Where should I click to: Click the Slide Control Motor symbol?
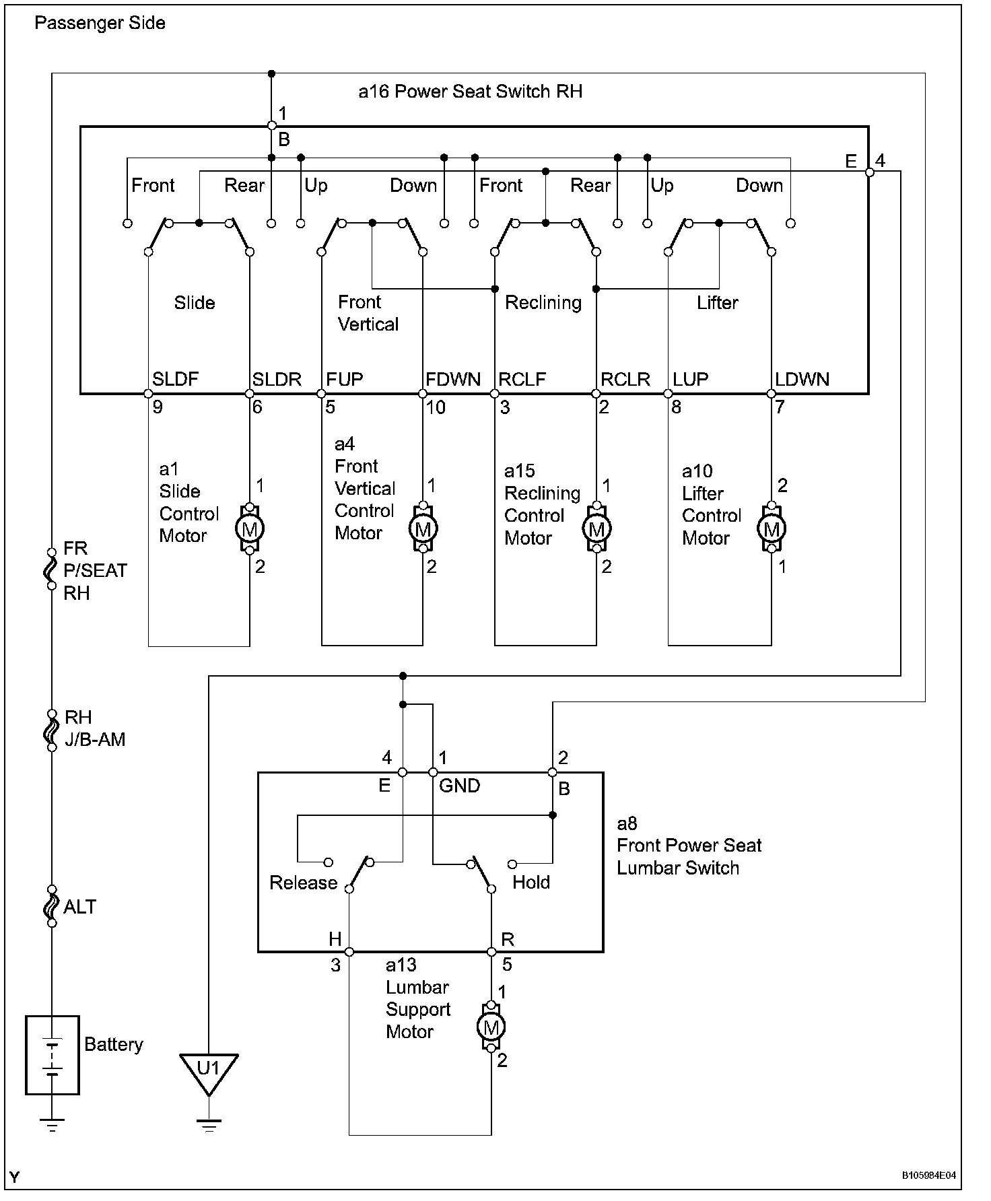pyautogui.click(x=250, y=529)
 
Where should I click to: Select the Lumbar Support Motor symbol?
pyautogui.click(x=491, y=1027)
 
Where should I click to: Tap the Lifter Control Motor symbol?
pyautogui.click(x=772, y=529)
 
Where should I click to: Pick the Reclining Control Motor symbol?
pyautogui.click(x=596, y=529)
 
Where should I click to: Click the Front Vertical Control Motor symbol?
pyautogui.click(x=423, y=529)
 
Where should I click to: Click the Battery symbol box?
pyautogui.click(x=53, y=1055)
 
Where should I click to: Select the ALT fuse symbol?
pyautogui.click(x=52, y=906)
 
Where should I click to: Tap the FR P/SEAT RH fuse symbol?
pyautogui.click(x=52, y=569)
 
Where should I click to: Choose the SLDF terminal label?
pyautogui.click(x=176, y=379)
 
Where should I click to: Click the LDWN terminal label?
pyautogui.click(x=802, y=379)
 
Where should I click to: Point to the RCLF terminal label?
pyautogui.click(x=522, y=379)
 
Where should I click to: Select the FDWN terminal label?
pyautogui.click(x=453, y=379)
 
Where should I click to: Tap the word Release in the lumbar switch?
pyautogui.click(x=303, y=883)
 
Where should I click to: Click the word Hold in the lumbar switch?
pyautogui.click(x=531, y=883)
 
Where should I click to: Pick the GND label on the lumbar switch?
pyautogui.click(x=459, y=786)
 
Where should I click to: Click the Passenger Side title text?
pyautogui.click(x=100, y=23)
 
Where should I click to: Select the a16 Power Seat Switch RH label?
pyautogui.click(x=471, y=92)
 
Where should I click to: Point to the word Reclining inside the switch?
pyautogui.click(x=543, y=303)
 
